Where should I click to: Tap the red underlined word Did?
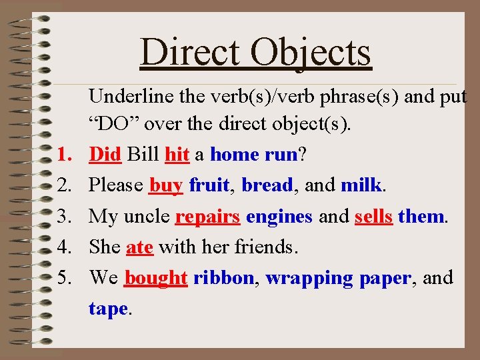pos(105,155)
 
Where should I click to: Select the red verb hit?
pos(177,155)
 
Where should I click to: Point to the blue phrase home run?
pos(253,155)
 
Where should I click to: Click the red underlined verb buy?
pos(166,185)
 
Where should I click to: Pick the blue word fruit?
pos(210,185)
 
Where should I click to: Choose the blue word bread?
pos(267,185)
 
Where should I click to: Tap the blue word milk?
pos(361,185)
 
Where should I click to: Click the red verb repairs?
pos(207,217)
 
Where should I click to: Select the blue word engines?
pos(279,217)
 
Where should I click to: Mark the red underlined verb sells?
pos(373,217)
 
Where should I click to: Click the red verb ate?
pos(139,247)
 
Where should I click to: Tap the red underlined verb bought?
pos(156,278)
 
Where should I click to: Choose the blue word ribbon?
pos(224,278)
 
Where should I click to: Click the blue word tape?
pos(108,309)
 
